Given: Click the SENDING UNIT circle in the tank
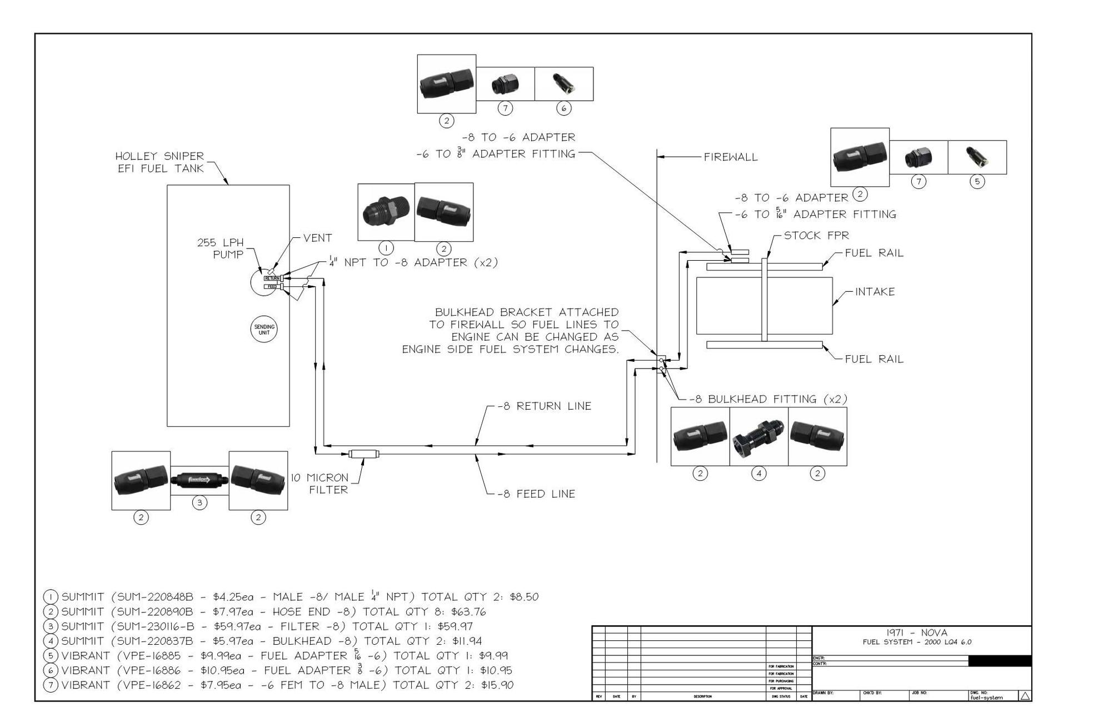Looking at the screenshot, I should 264,330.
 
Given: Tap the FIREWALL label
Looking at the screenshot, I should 730,157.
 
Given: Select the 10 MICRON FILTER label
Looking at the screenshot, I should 320,484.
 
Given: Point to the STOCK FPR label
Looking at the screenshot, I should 816,236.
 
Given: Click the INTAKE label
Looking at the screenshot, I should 874,292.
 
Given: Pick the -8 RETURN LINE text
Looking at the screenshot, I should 544,406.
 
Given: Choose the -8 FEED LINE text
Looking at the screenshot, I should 536,494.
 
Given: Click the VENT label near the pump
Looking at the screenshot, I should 317,238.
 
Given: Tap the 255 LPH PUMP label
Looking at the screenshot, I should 221,248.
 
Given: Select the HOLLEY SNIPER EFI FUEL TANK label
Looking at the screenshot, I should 159,162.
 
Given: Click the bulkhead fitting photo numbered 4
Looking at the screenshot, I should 758,436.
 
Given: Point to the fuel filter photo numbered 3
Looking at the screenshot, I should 199,480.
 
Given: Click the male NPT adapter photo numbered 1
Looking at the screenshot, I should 386,212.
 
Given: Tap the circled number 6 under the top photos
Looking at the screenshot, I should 563,108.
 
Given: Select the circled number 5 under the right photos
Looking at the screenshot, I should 977,181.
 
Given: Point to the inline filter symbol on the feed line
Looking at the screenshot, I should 364,454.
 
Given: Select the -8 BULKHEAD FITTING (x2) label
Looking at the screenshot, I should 768,399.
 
